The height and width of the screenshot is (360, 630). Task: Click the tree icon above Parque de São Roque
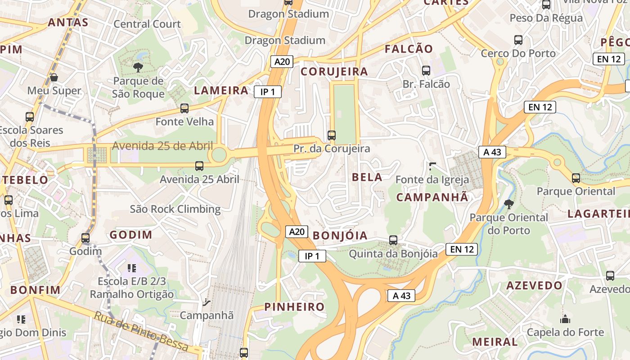[138, 67]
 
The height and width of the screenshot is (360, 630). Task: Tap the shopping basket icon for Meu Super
[54, 77]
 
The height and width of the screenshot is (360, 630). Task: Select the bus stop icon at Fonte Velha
[184, 108]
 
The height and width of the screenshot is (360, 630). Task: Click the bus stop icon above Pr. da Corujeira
[332, 135]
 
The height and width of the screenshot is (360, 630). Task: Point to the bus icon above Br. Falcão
[426, 70]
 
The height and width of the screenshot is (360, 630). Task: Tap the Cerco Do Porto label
[518, 53]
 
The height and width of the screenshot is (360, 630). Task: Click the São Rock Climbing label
[175, 209]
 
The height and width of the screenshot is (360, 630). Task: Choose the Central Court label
[147, 24]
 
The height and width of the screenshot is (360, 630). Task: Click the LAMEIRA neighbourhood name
[221, 90]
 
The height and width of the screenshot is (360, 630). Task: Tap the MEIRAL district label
[495, 342]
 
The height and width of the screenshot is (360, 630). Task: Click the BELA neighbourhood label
[367, 177]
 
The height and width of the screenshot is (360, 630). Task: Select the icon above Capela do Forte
[565, 319]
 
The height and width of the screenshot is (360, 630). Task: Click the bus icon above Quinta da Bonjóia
[393, 240]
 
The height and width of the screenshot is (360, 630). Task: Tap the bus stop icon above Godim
[85, 238]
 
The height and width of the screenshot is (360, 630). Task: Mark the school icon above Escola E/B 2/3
[132, 268]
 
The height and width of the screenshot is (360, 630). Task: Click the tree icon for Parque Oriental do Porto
[509, 204]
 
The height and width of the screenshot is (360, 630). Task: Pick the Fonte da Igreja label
[432, 180]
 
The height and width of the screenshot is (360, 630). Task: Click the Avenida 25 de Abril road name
[162, 146]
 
